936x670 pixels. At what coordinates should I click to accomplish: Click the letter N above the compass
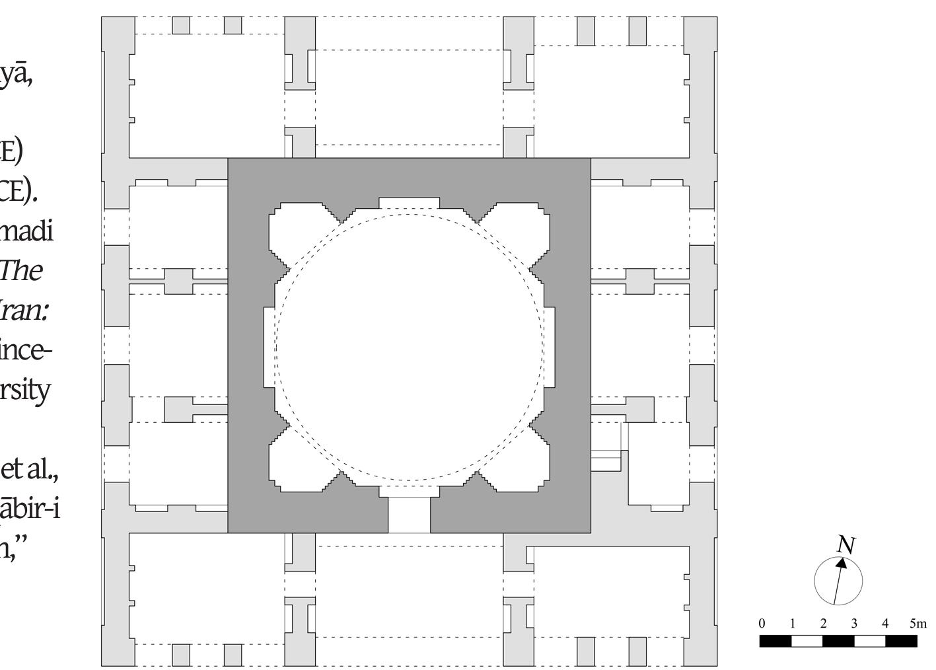[846, 545]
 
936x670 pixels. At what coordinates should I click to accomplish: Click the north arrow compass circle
[838, 581]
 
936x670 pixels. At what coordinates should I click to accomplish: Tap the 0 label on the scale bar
[762, 624]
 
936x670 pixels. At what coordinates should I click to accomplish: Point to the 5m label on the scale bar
[918, 624]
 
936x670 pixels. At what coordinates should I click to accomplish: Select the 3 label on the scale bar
[854, 624]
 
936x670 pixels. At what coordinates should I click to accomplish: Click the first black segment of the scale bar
[775, 640]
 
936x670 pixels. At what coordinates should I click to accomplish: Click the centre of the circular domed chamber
[409, 347]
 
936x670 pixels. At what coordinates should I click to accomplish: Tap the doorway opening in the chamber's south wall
[409, 515]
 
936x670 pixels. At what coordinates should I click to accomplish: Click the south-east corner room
[608, 591]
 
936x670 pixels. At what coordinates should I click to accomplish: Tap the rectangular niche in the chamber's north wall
[409, 203]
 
